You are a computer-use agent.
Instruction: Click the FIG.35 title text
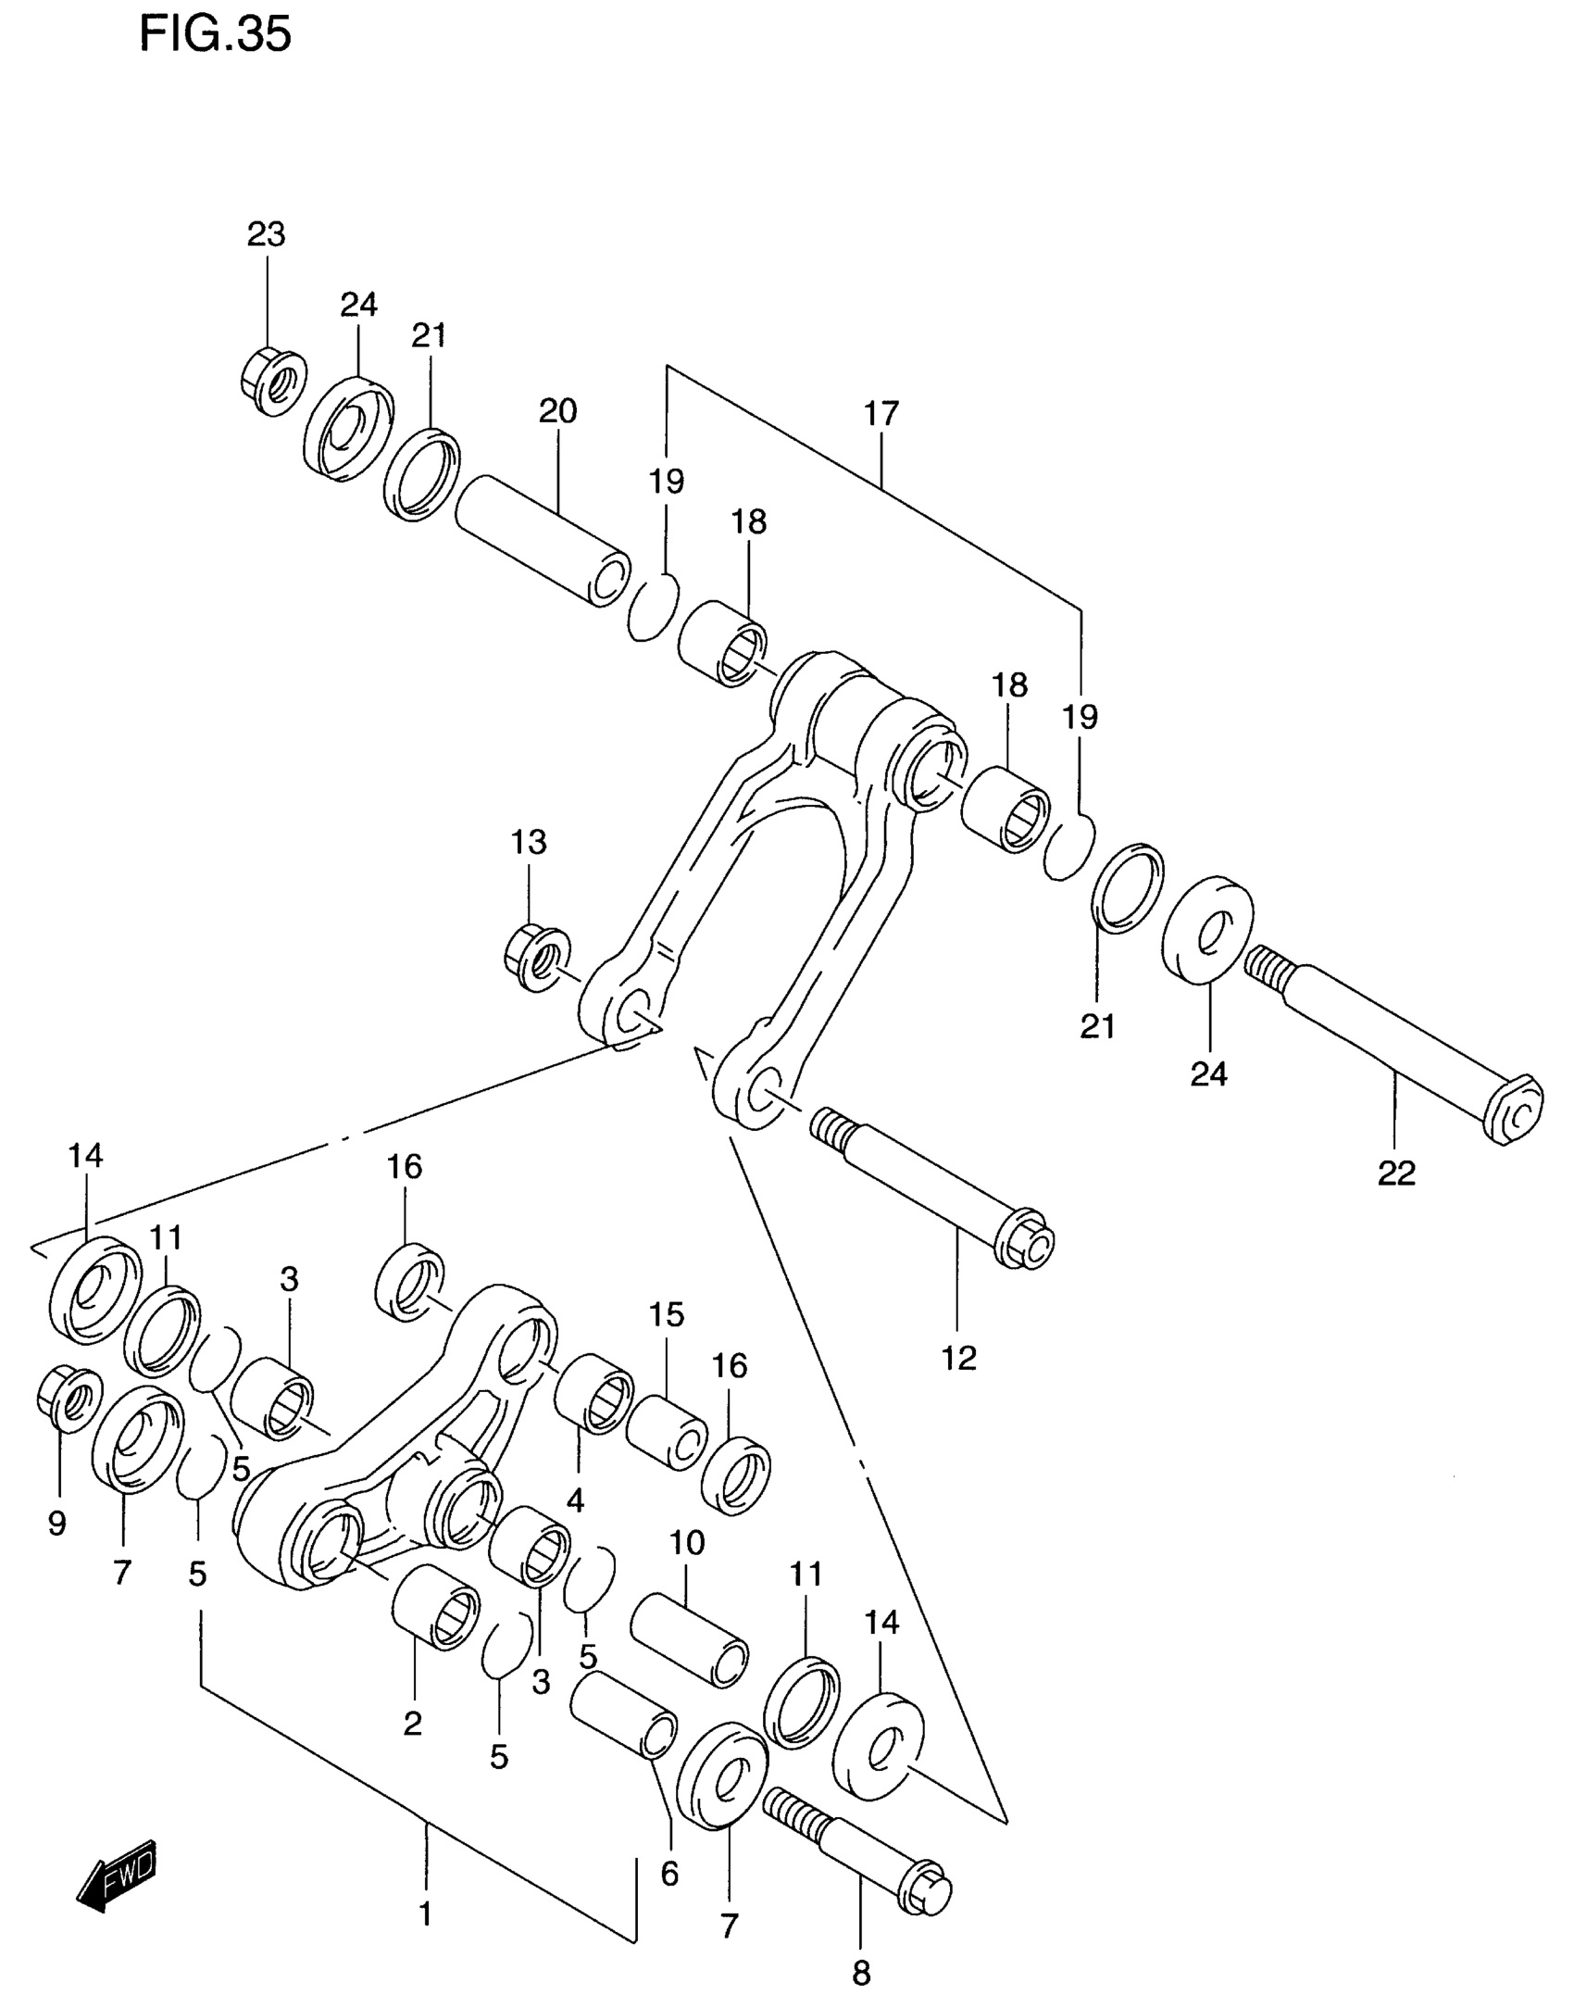[x=215, y=34]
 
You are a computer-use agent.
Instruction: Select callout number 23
[x=266, y=234]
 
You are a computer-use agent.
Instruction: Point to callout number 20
[x=557, y=410]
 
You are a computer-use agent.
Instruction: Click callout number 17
[x=881, y=413]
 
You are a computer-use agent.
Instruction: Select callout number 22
[x=1396, y=1173]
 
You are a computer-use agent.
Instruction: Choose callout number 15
[x=666, y=1314]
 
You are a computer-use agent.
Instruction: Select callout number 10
[x=686, y=1542]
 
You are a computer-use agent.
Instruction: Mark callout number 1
[x=426, y=1913]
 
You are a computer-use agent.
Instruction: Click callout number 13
[x=529, y=842]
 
